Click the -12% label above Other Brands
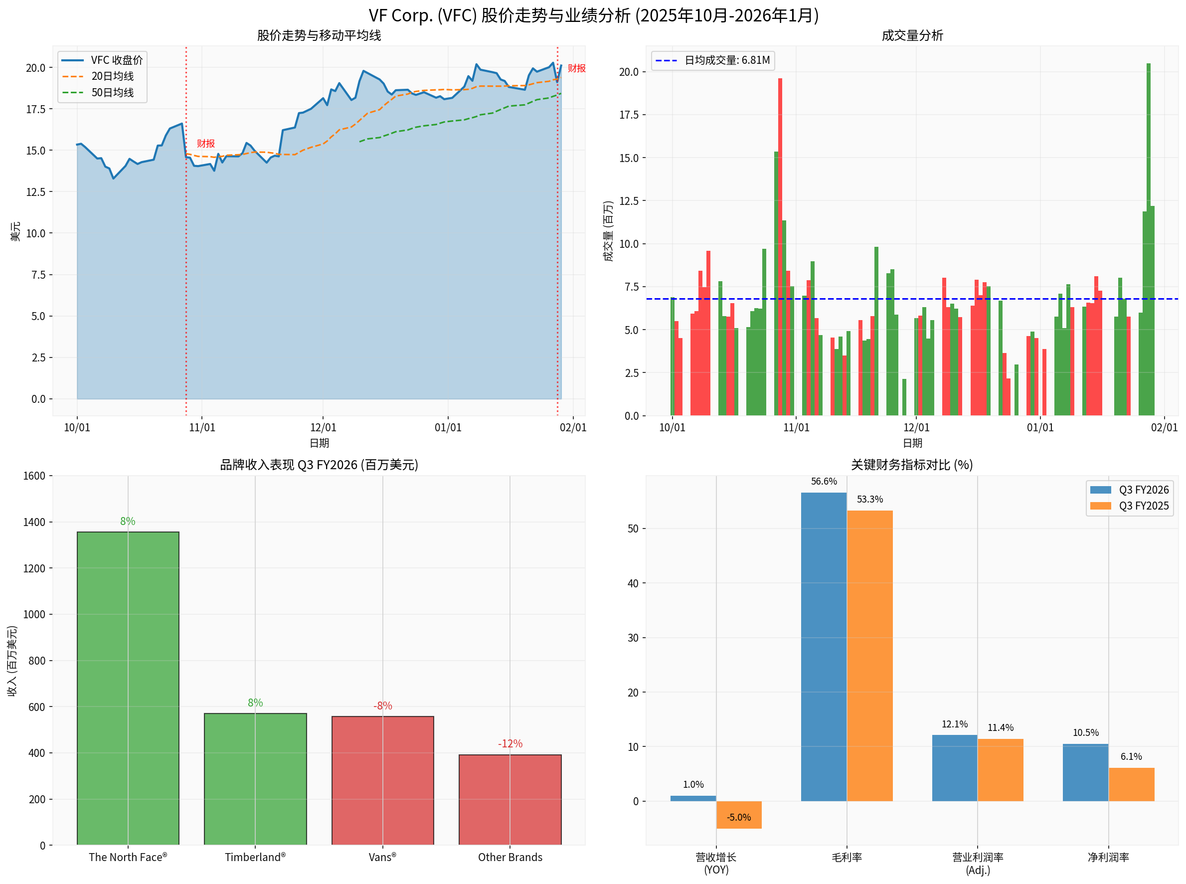pyautogui.click(x=510, y=743)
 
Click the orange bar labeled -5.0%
pyautogui.click(x=738, y=814)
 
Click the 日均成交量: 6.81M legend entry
pyautogui.click(x=713, y=60)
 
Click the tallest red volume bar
pyautogui.click(x=780, y=247)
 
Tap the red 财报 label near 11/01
pyautogui.click(x=205, y=144)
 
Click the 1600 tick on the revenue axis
pyautogui.click(x=34, y=476)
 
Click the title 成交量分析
pyautogui.click(x=912, y=36)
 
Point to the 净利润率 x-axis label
pyautogui.click(x=1108, y=857)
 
